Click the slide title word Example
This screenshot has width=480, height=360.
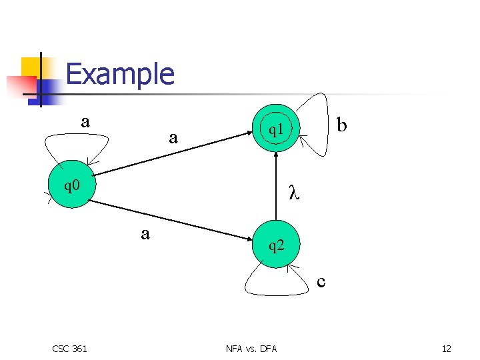120,74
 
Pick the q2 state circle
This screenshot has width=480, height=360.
276,245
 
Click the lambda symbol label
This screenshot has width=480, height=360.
293,193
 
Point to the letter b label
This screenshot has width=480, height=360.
342,125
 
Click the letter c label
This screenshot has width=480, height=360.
321,282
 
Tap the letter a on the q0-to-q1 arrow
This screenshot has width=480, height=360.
173,138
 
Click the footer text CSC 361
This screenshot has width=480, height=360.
69,348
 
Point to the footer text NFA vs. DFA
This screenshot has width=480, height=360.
251,348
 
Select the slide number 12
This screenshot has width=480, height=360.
446,348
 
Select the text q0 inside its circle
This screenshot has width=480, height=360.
71,185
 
